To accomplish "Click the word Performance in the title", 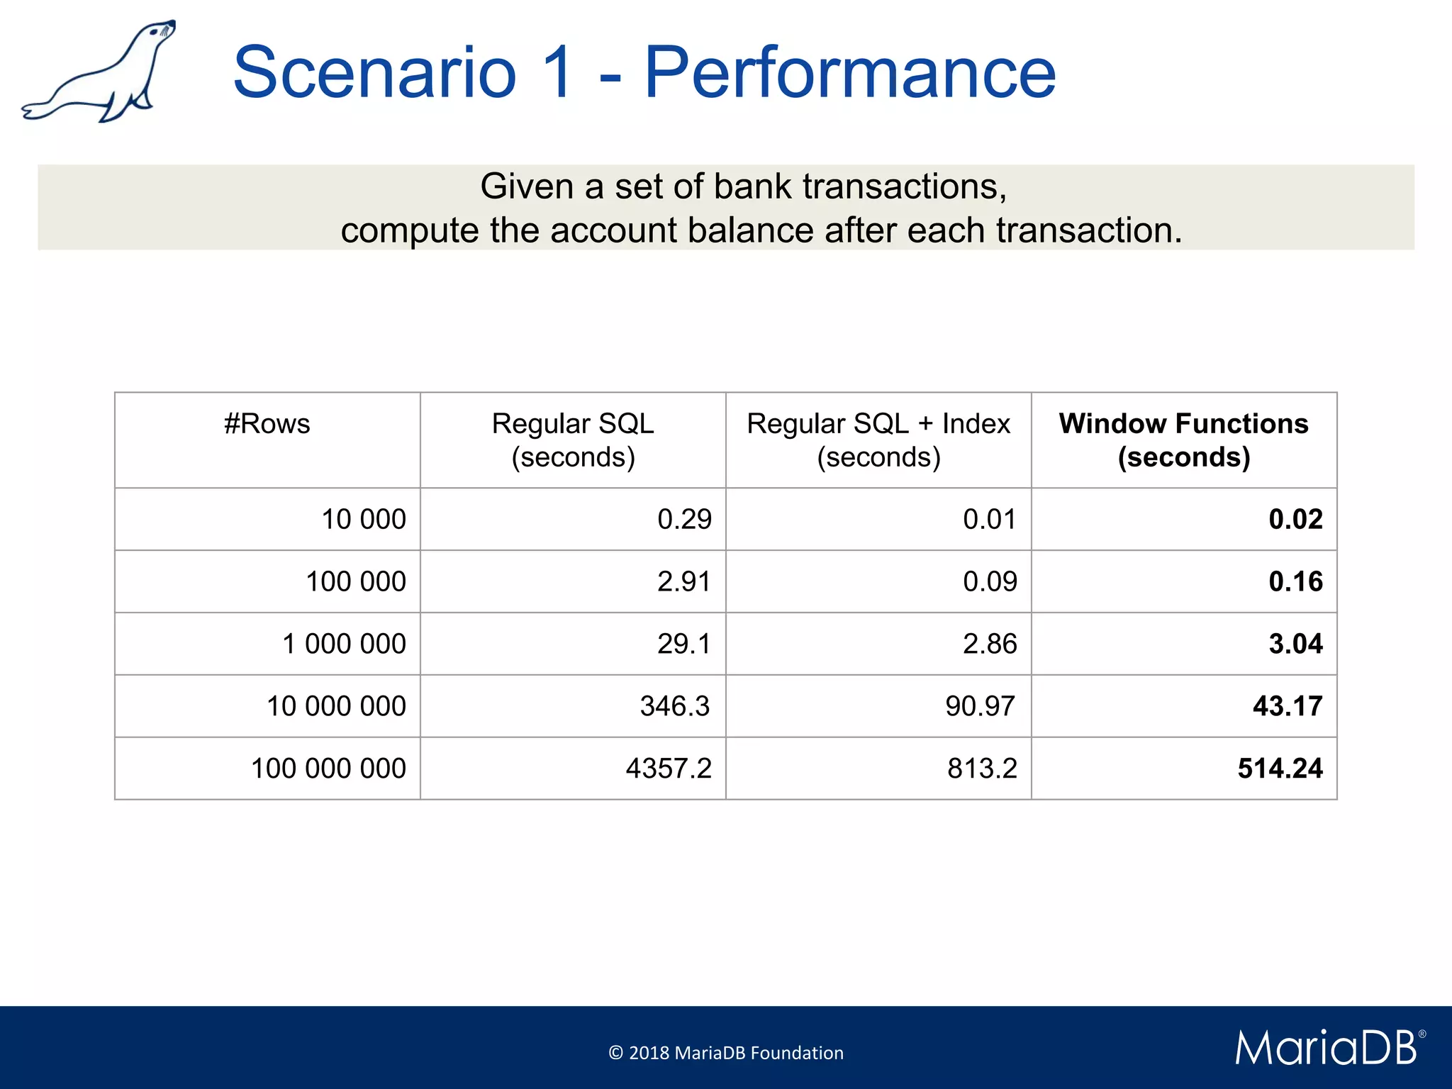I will click(x=849, y=72).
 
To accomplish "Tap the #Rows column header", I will click(x=267, y=424).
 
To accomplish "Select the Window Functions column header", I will click(x=1183, y=440).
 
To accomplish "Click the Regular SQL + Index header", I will click(x=878, y=440).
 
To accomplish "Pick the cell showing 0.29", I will click(x=684, y=519).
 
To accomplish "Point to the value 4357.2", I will click(x=669, y=769).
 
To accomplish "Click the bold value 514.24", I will click(x=1280, y=769).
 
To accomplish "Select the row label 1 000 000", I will click(x=344, y=644).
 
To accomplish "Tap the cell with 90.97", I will click(x=981, y=706).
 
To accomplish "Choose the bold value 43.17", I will click(x=1288, y=706).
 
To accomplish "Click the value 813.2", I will click(x=982, y=769).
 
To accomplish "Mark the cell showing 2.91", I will click(x=683, y=581).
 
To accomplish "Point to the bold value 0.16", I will click(x=1295, y=581).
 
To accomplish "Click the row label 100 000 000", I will click(x=328, y=769).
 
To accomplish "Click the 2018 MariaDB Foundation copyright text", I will click(x=726, y=1053).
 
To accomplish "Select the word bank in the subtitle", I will click(x=752, y=187).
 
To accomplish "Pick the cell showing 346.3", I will click(x=674, y=706).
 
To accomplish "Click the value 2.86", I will click(x=990, y=644).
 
